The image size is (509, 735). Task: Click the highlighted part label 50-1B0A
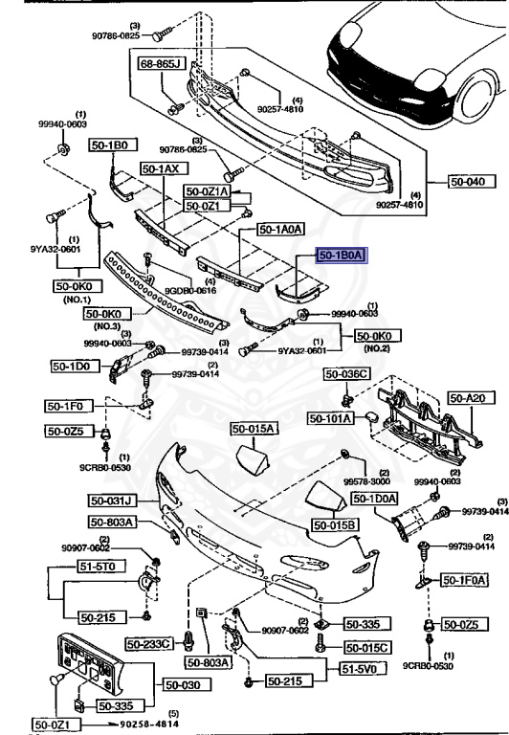[342, 256]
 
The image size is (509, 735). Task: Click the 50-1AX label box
[161, 168]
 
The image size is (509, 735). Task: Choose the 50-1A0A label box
[280, 230]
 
